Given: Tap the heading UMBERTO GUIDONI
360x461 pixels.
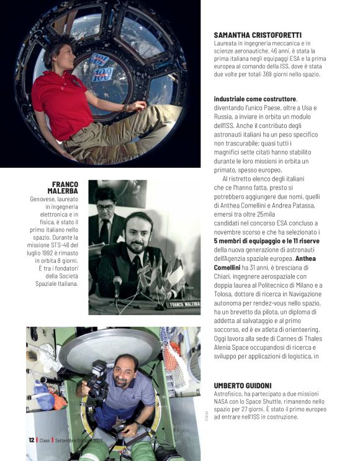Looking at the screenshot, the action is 244,385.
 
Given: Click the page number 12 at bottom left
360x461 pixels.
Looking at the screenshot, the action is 31,440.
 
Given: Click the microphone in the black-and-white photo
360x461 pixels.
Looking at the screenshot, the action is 117,283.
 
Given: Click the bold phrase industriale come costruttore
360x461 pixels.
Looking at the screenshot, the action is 255,99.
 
